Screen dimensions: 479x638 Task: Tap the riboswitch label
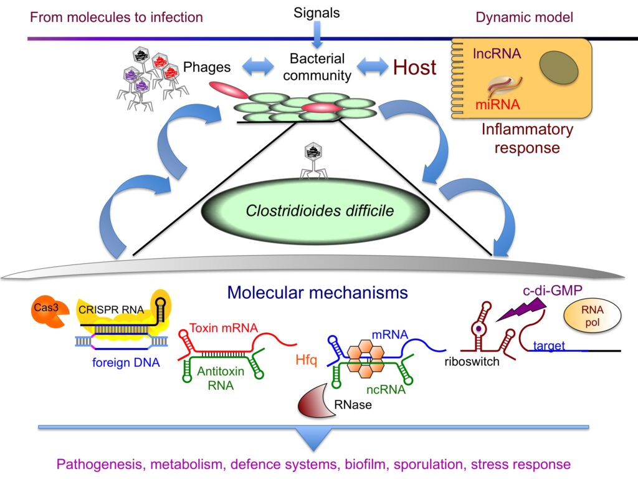(x=472, y=361)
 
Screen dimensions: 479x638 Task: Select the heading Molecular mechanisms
(x=318, y=293)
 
